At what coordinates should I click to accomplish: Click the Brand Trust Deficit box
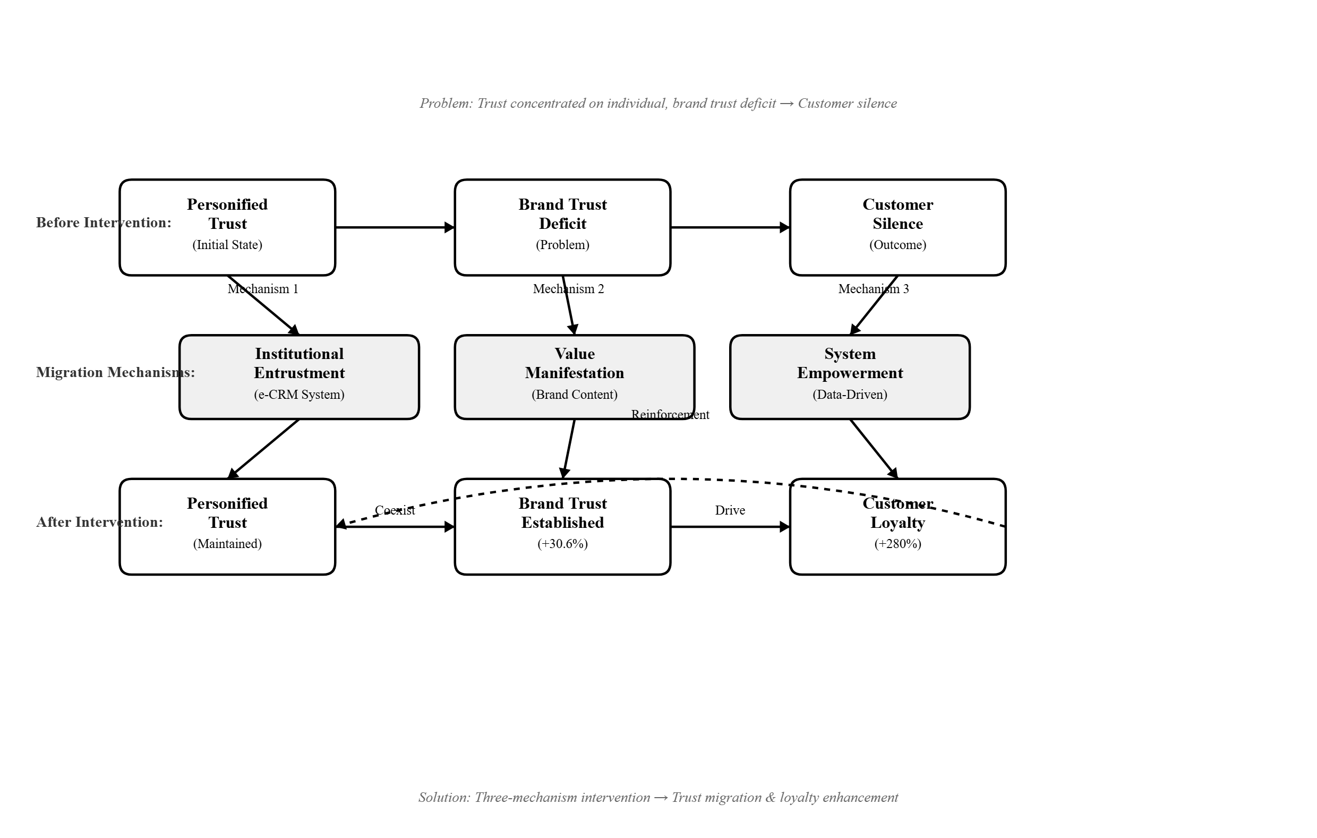coord(562,227)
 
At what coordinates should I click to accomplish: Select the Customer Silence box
coord(897,227)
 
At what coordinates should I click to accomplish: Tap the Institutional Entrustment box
coord(299,377)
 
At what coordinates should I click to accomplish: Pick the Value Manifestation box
coord(574,377)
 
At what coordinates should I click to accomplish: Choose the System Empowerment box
coord(850,377)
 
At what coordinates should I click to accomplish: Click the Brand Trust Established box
coord(562,527)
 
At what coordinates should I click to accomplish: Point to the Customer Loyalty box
coord(897,527)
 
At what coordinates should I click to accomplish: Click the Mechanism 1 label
coord(263,289)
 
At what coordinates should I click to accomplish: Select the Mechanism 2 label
coord(568,289)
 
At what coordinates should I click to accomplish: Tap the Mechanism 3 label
coord(874,289)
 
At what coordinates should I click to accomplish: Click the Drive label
coord(730,510)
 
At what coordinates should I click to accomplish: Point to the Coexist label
coord(395,510)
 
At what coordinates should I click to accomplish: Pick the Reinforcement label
coord(670,415)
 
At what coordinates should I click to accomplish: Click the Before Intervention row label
coord(104,223)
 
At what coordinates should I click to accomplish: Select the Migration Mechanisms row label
coord(115,372)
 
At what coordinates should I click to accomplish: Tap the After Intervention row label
coord(99,523)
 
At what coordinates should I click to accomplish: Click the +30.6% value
coord(562,544)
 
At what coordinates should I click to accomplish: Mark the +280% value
coord(897,544)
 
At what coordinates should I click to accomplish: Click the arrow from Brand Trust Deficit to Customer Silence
coord(730,227)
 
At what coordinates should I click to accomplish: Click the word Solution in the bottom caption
coord(444,798)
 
